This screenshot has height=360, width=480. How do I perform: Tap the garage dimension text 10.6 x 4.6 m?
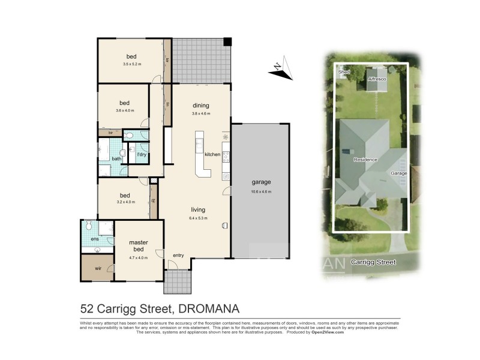(261, 192)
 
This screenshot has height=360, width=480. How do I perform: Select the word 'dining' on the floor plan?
(200, 106)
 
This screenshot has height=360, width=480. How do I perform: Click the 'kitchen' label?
(212, 155)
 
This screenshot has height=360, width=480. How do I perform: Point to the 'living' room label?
(198, 210)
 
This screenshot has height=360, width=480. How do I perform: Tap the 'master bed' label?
(139, 245)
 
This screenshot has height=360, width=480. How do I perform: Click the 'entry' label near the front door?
(178, 256)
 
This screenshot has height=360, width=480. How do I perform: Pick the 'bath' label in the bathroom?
(116, 158)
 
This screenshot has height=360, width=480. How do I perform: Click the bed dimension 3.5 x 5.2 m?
(131, 64)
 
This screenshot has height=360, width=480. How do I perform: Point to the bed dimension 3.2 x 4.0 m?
(125, 202)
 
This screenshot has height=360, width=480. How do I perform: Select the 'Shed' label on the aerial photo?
(344, 72)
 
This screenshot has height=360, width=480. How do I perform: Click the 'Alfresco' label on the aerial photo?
(377, 79)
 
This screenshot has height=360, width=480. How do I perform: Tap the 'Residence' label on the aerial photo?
(365, 160)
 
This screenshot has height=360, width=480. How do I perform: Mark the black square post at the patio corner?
(227, 42)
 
